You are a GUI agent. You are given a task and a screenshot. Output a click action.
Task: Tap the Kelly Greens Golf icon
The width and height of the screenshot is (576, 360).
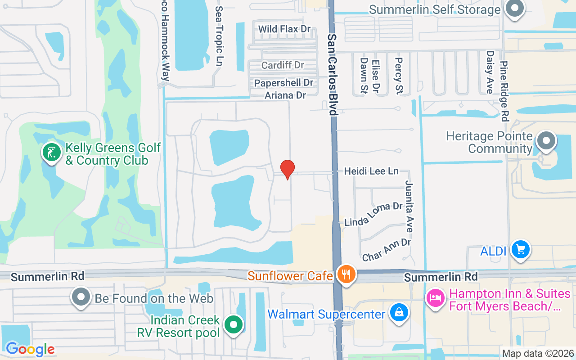pyautogui.click(x=52, y=152)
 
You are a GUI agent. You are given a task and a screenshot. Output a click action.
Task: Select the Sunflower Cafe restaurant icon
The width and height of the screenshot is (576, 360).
pyautogui.click(x=346, y=274)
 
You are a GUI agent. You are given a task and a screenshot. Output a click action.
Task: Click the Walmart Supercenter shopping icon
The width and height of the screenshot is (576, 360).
pyautogui.click(x=399, y=312)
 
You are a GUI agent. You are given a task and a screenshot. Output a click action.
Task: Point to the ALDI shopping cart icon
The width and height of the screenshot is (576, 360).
pyautogui.click(x=521, y=249)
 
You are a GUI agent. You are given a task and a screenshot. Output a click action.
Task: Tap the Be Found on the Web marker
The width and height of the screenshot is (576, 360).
pyautogui.click(x=81, y=297)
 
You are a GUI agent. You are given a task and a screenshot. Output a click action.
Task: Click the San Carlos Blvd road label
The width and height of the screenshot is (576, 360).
pyautogui.click(x=333, y=74)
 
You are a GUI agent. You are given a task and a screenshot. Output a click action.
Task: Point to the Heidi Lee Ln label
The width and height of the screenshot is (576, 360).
pyautogui.click(x=371, y=171)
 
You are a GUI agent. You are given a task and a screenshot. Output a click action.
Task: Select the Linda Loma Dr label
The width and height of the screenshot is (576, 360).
pyautogui.click(x=373, y=214)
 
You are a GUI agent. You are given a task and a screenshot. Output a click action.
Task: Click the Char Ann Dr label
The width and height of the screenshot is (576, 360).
pyautogui.click(x=386, y=250)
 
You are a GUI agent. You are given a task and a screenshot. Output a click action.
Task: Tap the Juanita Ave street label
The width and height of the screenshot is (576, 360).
pyautogui.click(x=409, y=207)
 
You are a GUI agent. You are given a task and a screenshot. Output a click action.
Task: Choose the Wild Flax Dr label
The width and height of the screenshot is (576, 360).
pyautogui.click(x=284, y=29)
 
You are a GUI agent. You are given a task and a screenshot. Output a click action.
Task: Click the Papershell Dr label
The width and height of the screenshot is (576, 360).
pyautogui.click(x=283, y=83)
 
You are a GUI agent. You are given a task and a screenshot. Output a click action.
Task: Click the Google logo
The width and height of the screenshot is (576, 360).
pyautogui.click(x=30, y=349)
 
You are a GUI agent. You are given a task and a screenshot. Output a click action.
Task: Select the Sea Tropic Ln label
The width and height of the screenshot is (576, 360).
pyautogui.click(x=219, y=36)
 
